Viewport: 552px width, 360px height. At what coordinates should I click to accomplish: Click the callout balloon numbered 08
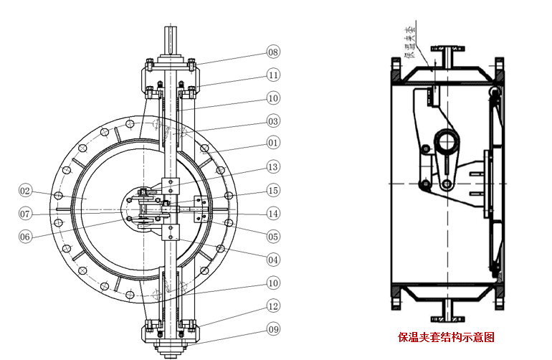(273, 52)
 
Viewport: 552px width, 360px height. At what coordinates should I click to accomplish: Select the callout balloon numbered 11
(273, 75)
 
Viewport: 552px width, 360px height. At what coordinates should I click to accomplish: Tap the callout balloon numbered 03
(273, 120)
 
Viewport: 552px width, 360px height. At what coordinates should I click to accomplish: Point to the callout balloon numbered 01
(273, 143)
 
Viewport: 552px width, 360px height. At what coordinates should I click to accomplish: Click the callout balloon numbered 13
(273, 166)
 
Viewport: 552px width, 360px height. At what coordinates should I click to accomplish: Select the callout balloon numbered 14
(273, 212)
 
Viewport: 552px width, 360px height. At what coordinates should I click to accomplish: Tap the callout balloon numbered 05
(273, 235)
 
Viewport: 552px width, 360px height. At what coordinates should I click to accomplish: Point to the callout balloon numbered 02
(26, 190)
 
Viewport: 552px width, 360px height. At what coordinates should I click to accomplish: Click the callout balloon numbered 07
(26, 213)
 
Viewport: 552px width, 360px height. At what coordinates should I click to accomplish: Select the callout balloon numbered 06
(26, 236)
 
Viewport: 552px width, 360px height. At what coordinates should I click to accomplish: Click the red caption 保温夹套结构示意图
(447, 336)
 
